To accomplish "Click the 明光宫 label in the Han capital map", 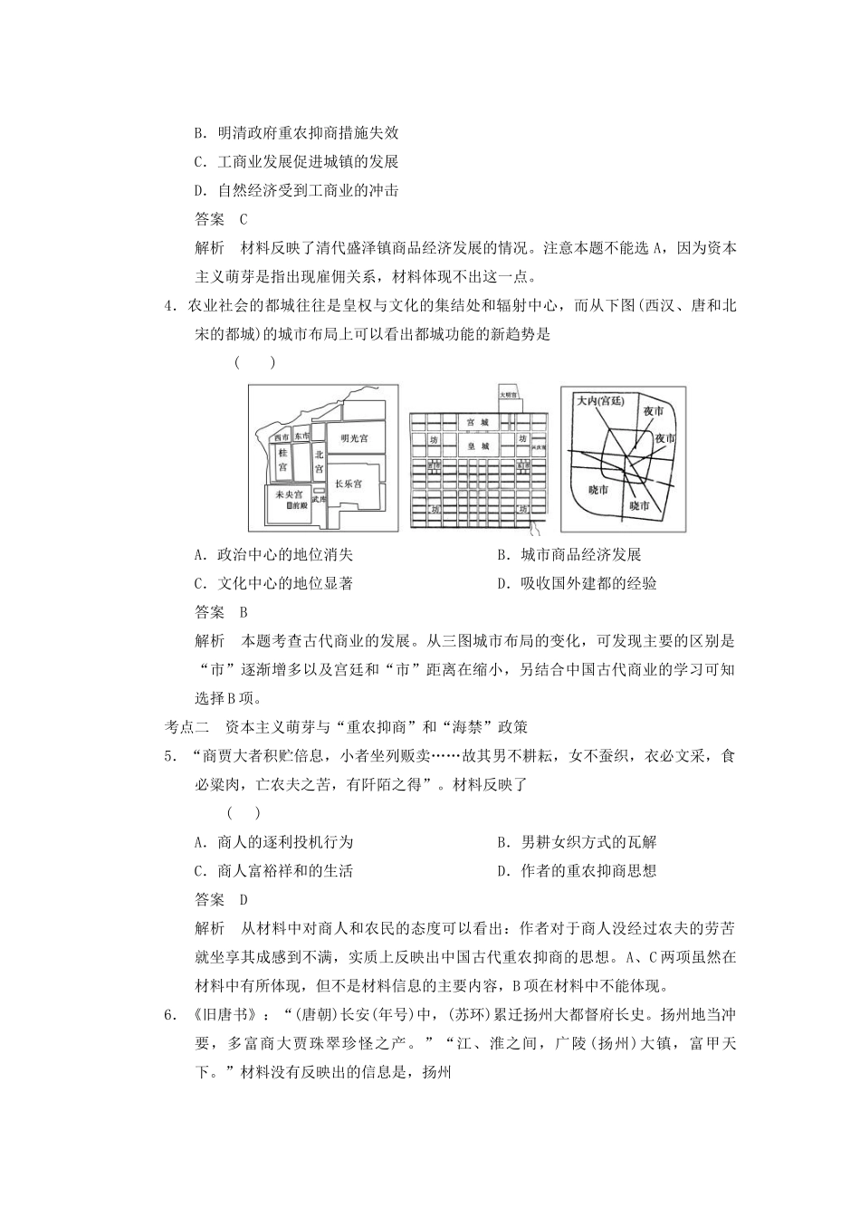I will click(354, 437).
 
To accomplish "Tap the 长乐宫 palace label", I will click(349, 484).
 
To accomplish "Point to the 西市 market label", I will click(280, 436).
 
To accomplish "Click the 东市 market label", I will click(301, 436).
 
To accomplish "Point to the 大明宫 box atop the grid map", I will click(508, 396).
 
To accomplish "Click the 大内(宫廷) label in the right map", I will click(600, 400).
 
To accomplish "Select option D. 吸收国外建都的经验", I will click(577, 584).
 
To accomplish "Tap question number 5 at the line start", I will click(169, 756).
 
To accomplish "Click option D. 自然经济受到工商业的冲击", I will click(296, 191).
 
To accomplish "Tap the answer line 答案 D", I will click(221, 900).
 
